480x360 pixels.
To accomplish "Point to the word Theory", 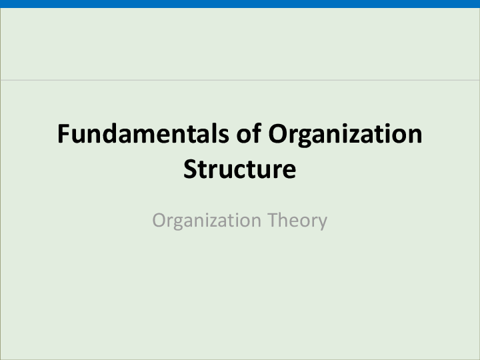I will point(297,220).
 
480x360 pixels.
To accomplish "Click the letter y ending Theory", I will point(323,223).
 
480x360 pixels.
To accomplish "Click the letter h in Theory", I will point(283,219).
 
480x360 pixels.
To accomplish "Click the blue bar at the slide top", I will point(240,3).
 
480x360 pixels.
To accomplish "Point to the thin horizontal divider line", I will point(240,80).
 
